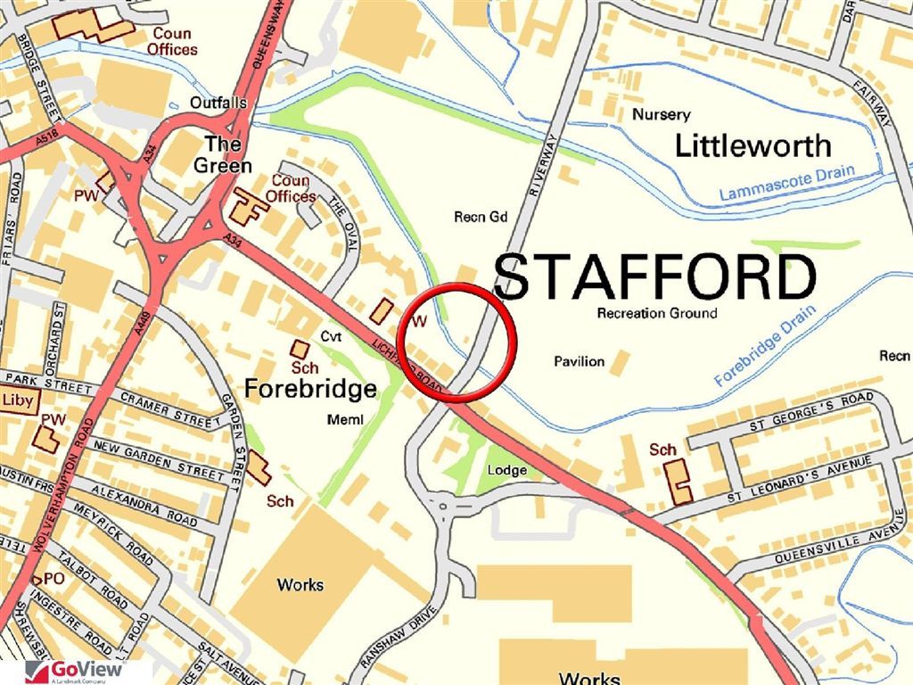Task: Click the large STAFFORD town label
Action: [x=654, y=276]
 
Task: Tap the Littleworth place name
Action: [x=753, y=145]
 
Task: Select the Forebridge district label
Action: [x=310, y=389]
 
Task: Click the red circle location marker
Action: [x=457, y=343]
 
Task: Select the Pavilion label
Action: [x=579, y=361]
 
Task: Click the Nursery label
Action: [x=661, y=114]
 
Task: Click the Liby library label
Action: [x=18, y=400]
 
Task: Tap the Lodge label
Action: [x=506, y=470]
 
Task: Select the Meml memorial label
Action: [x=345, y=420]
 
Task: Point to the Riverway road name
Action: [x=541, y=161]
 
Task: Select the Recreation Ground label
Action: [x=656, y=313]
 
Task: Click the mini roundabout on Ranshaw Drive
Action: [x=443, y=505]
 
